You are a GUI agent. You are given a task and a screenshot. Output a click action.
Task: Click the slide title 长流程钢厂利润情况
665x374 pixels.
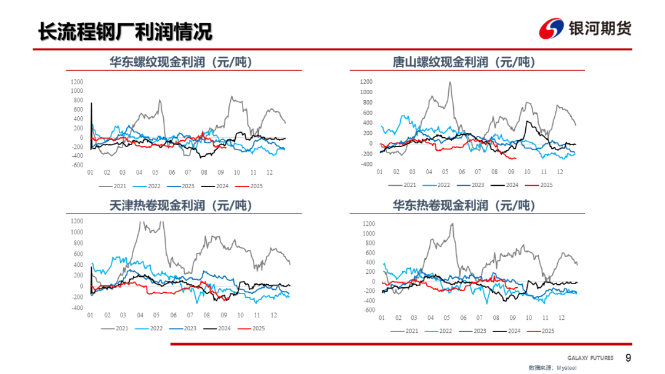pos(125,31)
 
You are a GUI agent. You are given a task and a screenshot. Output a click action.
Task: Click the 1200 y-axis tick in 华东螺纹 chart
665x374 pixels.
pos(76,82)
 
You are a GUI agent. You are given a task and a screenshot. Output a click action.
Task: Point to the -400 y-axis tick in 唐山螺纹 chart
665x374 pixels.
pos(366,164)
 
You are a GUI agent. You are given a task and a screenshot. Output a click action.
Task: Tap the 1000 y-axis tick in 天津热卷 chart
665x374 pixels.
pos(77,232)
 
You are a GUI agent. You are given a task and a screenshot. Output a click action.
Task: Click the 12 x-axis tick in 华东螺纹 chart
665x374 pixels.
pos(270,173)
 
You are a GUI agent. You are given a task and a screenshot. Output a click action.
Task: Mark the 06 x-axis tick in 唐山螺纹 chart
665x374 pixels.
pos(461,172)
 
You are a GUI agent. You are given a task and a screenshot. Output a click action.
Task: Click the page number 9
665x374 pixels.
pos(628,358)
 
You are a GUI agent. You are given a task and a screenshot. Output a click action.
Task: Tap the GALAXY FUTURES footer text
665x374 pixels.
pos(590,358)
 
